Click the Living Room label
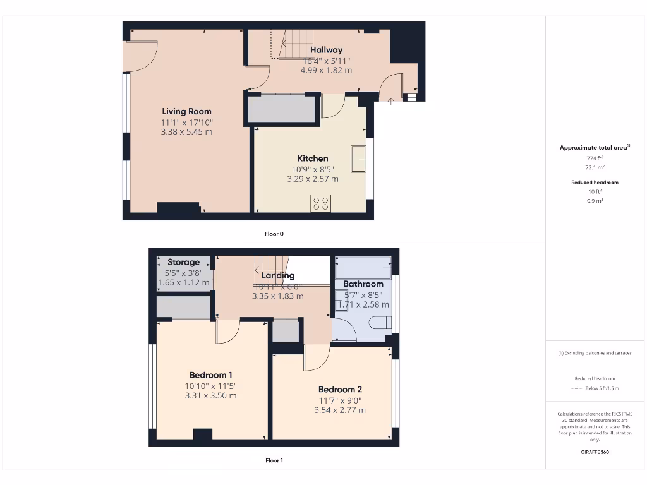[x=186, y=112]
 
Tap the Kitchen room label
[x=313, y=159]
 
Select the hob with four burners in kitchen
[x=321, y=203]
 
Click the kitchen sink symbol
[x=358, y=158]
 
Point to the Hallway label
[x=326, y=50]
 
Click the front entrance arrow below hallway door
[x=391, y=100]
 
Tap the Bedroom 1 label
[x=210, y=375]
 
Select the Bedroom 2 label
[x=340, y=390]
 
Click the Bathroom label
[x=363, y=284]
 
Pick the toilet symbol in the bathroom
[x=380, y=324]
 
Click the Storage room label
[x=183, y=262]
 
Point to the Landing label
[x=278, y=276]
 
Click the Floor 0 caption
[x=274, y=234]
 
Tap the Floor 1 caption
[x=274, y=460]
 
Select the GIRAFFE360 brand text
[x=594, y=452]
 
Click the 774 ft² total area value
[x=594, y=159]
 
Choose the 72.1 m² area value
[x=594, y=168]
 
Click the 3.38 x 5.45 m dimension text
[x=186, y=132]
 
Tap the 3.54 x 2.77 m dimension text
[x=340, y=410]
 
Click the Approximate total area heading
[x=594, y=148]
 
